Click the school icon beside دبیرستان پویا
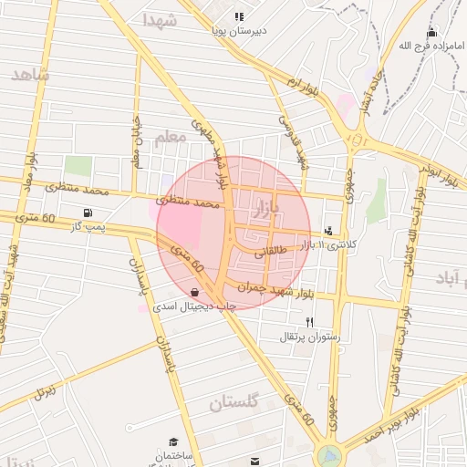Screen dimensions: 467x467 pos(239,16)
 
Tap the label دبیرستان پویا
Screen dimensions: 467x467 pos(239,31)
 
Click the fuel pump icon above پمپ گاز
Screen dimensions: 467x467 pos(88,212)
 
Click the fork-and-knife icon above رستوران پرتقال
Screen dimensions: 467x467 pos(310,322)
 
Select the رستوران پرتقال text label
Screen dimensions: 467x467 pos(310,337)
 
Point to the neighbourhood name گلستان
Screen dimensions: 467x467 pos(235,402)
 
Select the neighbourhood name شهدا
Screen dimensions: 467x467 pos(161,19)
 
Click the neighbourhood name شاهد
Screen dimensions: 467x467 pos(29,76)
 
